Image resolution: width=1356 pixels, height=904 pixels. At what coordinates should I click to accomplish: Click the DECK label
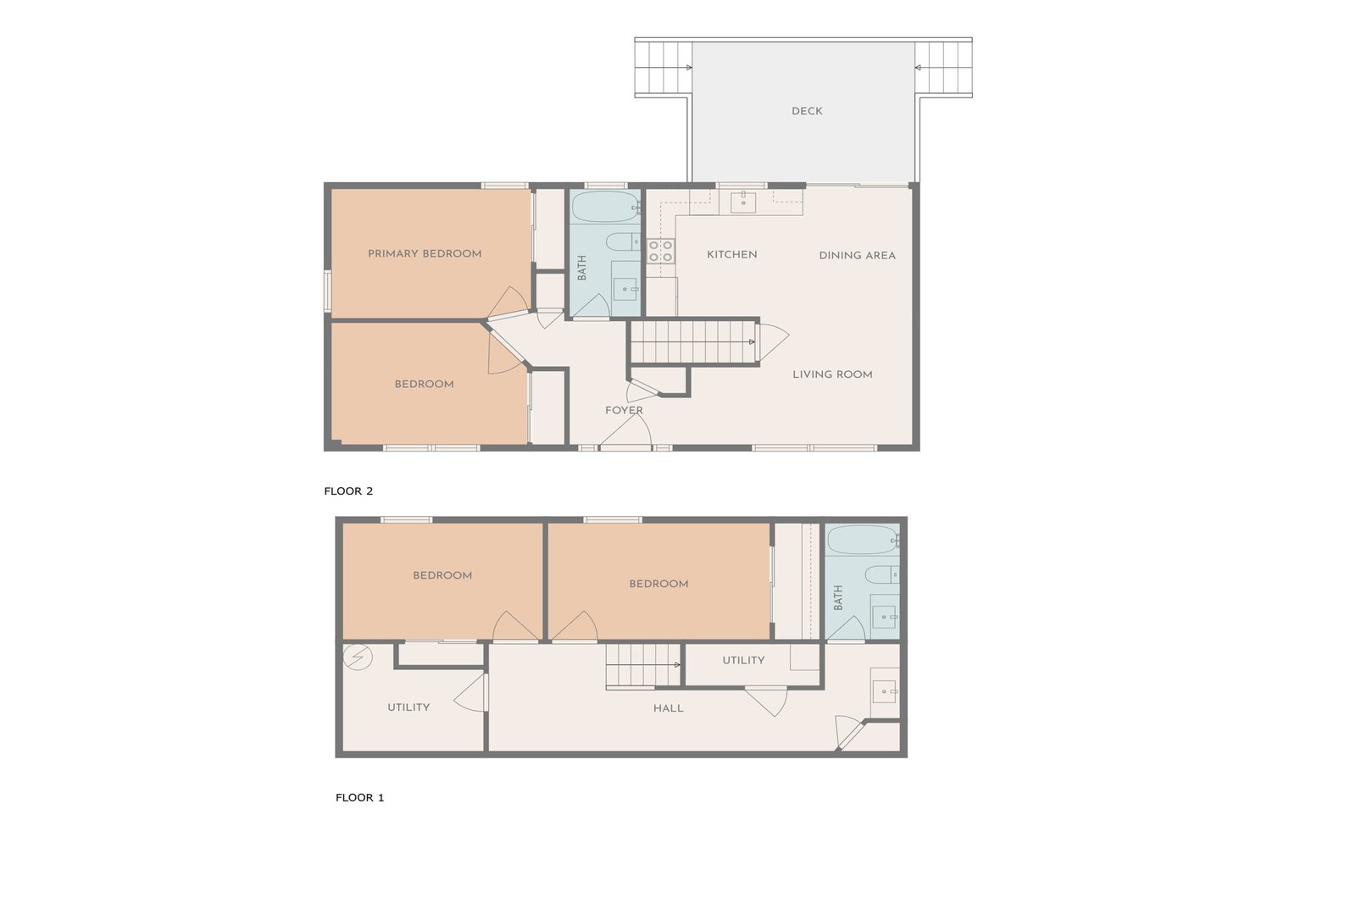coord(806,111)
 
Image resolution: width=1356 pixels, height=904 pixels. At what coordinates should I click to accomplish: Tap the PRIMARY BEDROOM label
coord(425,253)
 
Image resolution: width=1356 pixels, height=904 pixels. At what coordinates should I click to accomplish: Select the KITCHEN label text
coord(732,255)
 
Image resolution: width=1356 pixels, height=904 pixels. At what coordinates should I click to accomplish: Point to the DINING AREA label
coord(857,255)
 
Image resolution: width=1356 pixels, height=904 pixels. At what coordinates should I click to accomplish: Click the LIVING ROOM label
coord(832,374)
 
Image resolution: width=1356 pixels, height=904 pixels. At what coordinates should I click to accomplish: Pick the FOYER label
coord(624,410)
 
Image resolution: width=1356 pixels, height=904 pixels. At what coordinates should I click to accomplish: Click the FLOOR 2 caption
coord(348,491)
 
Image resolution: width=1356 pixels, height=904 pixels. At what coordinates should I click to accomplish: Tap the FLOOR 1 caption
coord(359,797)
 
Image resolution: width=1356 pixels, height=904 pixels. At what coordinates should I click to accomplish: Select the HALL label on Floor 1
coord(669,708)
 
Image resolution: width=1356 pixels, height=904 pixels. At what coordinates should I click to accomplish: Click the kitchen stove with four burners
coord(660,251)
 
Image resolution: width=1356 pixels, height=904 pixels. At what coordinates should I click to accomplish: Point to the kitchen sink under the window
coord(742,202)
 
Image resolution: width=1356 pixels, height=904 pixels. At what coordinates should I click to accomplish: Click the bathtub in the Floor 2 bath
coord(605,208)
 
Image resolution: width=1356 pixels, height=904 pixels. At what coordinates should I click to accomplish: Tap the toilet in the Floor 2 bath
coord(623,242)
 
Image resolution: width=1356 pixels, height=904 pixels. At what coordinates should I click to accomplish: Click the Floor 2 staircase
coord(692,342)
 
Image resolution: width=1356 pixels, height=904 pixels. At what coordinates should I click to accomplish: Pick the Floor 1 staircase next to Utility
coord(643,666)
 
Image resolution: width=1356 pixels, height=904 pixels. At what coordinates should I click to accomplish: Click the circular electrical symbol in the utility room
coord(358,657)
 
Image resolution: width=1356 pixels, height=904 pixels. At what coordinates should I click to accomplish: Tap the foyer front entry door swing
coord(626,432)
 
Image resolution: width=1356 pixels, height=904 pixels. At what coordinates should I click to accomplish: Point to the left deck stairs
coord(664,67)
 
